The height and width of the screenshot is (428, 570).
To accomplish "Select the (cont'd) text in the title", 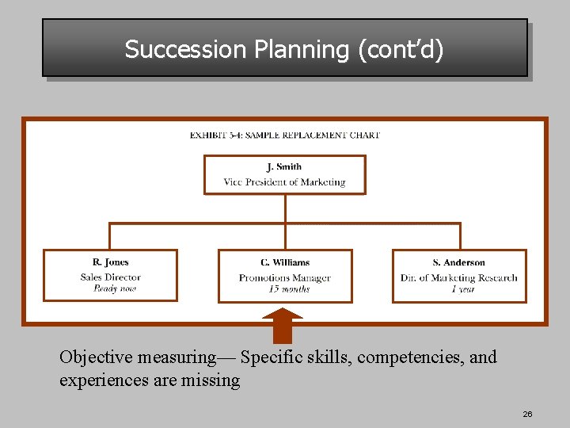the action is pyautogui.click(x=401, y=50).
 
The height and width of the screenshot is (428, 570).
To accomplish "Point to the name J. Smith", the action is pyautogui.click(x=284, y=166).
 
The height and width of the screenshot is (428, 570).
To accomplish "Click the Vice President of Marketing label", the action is pyautogui.click(x=284, y=182).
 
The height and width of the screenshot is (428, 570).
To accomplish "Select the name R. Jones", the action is pyautogui.click(x=110, y=262).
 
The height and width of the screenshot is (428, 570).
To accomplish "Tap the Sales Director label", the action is pyautogui.click(x=110, y=277).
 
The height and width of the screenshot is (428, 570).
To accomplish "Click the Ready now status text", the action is pyautogui.click(x=114, y=289).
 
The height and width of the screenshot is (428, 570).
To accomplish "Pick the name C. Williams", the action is pyautogui.click(x=285, y=262).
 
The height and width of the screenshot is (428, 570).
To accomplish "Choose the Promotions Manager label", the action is pyautogui.click(x=285, y=278).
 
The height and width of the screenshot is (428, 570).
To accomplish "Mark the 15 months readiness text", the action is pyautogui.click(x=289, y=289).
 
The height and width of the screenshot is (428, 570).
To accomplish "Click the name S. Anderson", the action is pyautogui.click(x=459, y=262).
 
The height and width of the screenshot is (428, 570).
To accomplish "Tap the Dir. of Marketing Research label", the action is pyautogui.click(x=459, y=278).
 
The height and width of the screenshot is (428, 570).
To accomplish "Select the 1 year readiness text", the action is pyautogui.click(x=463, y=289).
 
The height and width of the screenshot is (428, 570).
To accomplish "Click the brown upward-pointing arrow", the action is pyautogui.click(x=283, y=325).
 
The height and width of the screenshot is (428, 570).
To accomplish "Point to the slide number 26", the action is pyautogui.click(x=527, y=415).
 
